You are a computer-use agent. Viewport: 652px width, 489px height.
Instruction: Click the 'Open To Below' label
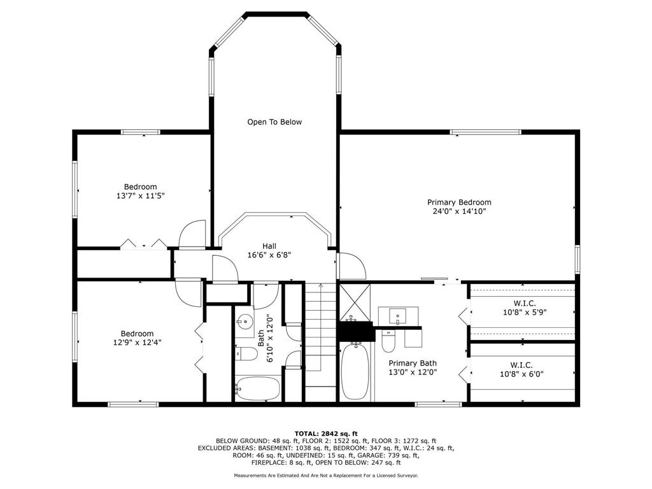(x=274, y=122)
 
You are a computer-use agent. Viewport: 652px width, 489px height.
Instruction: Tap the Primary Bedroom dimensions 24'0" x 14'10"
(x=459, y=211)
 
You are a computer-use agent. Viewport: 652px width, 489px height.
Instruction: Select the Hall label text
(x=269, y=246)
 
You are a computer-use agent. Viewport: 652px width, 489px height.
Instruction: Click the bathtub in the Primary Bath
(x=355, y=371)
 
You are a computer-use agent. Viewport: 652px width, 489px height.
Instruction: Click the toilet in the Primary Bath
(x=388, y=341)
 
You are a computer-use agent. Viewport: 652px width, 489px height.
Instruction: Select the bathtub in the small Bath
(x=257, y=388)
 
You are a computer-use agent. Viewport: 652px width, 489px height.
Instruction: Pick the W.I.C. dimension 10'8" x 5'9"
(x=525, y=312)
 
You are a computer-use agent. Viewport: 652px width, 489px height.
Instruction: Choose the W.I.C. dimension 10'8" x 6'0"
(x=521, y=374)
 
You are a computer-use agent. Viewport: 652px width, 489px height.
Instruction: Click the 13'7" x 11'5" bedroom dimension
(x=141, y=195)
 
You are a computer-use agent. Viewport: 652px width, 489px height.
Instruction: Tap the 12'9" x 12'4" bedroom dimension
(x=138, y=342)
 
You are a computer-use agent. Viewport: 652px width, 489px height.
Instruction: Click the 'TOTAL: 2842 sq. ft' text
(x=326, y=434)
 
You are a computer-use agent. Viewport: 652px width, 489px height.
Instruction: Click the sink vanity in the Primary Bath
(x=398, y=316)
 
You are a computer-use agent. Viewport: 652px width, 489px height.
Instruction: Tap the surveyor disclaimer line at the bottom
(x=326, y=475)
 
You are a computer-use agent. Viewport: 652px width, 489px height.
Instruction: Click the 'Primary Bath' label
(x=413, y=363)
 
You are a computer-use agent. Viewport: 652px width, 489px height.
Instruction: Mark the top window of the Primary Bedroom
(x=485, y=132)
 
